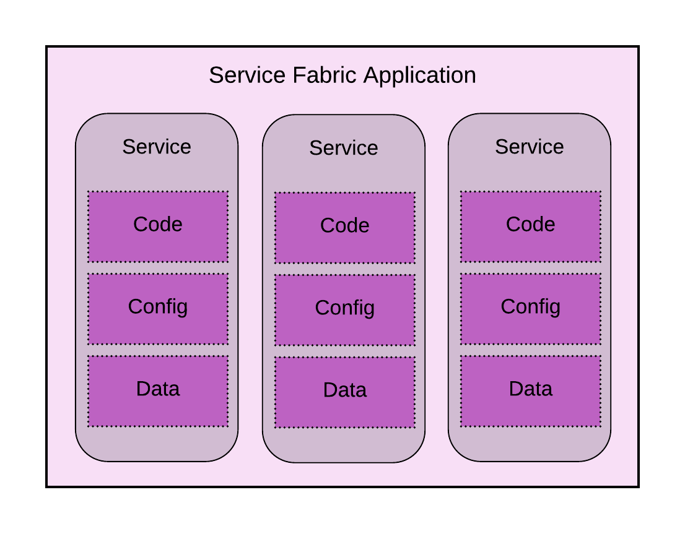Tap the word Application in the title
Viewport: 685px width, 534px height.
pyautogui.click(x=419, y=75)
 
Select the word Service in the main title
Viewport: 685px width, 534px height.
pyautogui.click(x=247, y=75)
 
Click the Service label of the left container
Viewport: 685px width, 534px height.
pyautogui.click(x=157, y=147)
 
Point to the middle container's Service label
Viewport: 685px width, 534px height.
pyautogui.click(x=344, y=148)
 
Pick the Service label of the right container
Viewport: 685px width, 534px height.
pyautogui.click(x=530, y=147)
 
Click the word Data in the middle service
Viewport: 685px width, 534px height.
pyautogui.click(x=345, y=390)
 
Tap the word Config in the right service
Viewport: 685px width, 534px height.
pyautogui.click(x=531, y=307)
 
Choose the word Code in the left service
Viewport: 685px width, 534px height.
pyautogui.click(x=158, y=224)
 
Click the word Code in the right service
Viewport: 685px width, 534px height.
pyautogui.click(x=531, y=224)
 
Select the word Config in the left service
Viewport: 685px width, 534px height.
pyautogui.click(x=158, y=307)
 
